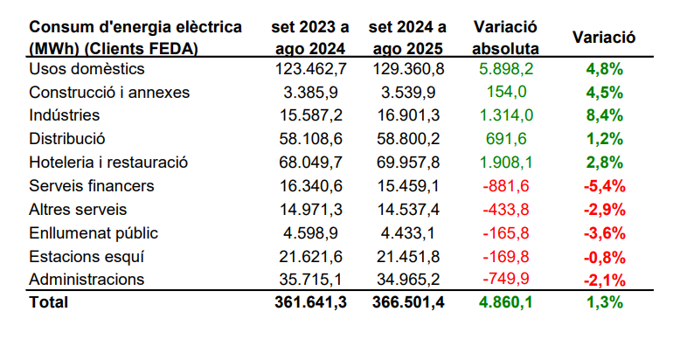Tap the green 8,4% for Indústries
(x=604, y=114)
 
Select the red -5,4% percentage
(x=602, y=185)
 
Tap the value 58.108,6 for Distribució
(x=312, y=138)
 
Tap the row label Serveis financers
(x=91, y=185)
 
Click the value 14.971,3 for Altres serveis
(x=312, y=209)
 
